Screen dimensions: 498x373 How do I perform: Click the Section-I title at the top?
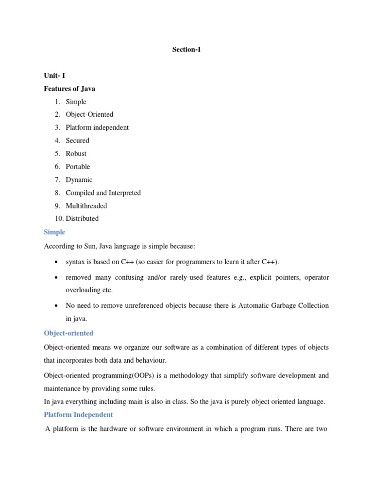click(x=186, y=49)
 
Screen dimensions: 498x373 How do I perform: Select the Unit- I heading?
click(x=54, y=76)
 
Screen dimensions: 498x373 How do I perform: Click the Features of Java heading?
click(x=69, y=89)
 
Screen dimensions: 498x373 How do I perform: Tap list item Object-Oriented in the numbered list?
click(x=89, y=114)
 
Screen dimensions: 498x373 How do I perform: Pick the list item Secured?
click(x=78, y=141)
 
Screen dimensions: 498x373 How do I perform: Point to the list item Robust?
click(x=76, y=153)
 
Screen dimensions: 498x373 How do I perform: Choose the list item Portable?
click(x=78, y=166)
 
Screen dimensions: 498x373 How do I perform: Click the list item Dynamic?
click(x=79, y=179)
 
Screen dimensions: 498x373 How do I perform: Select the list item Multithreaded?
click(x=86, y=206)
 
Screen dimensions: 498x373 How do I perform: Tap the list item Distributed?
click(x=82, y=218)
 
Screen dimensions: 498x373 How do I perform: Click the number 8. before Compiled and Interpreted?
click(x=57, y=193)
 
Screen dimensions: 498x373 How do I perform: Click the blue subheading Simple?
click(x=54, y=232)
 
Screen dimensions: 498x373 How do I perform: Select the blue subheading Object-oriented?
click(x=68, y=333)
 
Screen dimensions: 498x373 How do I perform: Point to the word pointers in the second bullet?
click(x=277, y=277)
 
